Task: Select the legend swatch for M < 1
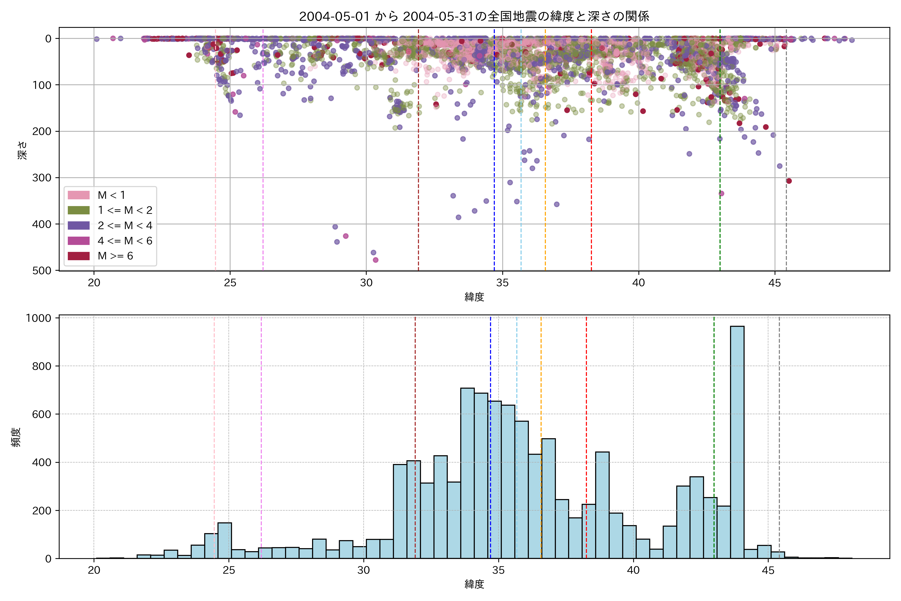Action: point(79,195)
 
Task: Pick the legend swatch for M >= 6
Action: point(79,256)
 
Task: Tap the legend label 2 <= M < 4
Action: point(125,225)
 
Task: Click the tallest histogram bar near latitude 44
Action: point(737,441)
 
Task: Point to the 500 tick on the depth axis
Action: point(42,271)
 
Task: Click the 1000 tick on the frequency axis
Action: point(38,318)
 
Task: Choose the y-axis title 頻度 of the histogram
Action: point(16,437)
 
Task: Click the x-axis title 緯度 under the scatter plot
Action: point(474,297)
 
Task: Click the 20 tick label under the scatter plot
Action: point(94,283)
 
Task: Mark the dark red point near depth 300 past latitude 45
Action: point(789,181)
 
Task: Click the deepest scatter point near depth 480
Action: point(375,260)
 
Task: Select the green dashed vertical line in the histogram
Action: point(714,422)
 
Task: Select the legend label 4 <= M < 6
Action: point(125,241)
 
